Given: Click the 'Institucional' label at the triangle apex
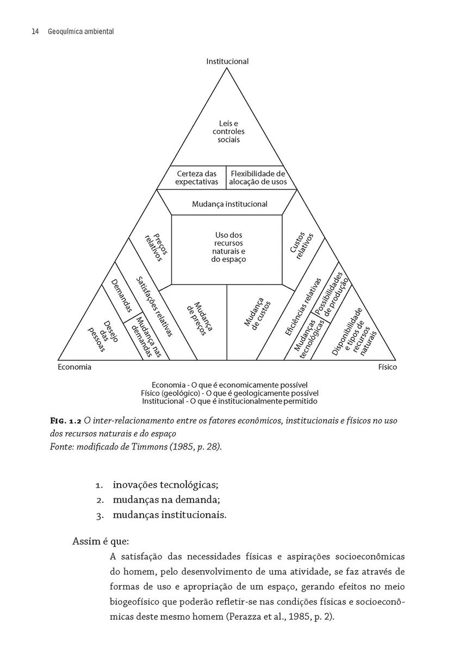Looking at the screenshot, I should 227,61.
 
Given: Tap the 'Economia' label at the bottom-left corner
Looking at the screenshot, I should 74,367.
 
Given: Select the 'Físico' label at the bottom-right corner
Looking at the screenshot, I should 388,367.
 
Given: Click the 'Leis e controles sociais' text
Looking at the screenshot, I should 228,132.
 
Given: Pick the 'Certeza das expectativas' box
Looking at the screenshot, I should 196,178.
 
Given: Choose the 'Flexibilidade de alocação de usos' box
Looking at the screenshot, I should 258,178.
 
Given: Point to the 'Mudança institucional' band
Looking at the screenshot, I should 229,204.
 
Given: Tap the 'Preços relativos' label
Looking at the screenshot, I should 156,245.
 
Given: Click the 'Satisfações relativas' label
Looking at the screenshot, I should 154,305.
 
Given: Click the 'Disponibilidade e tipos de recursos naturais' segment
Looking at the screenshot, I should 354,332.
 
